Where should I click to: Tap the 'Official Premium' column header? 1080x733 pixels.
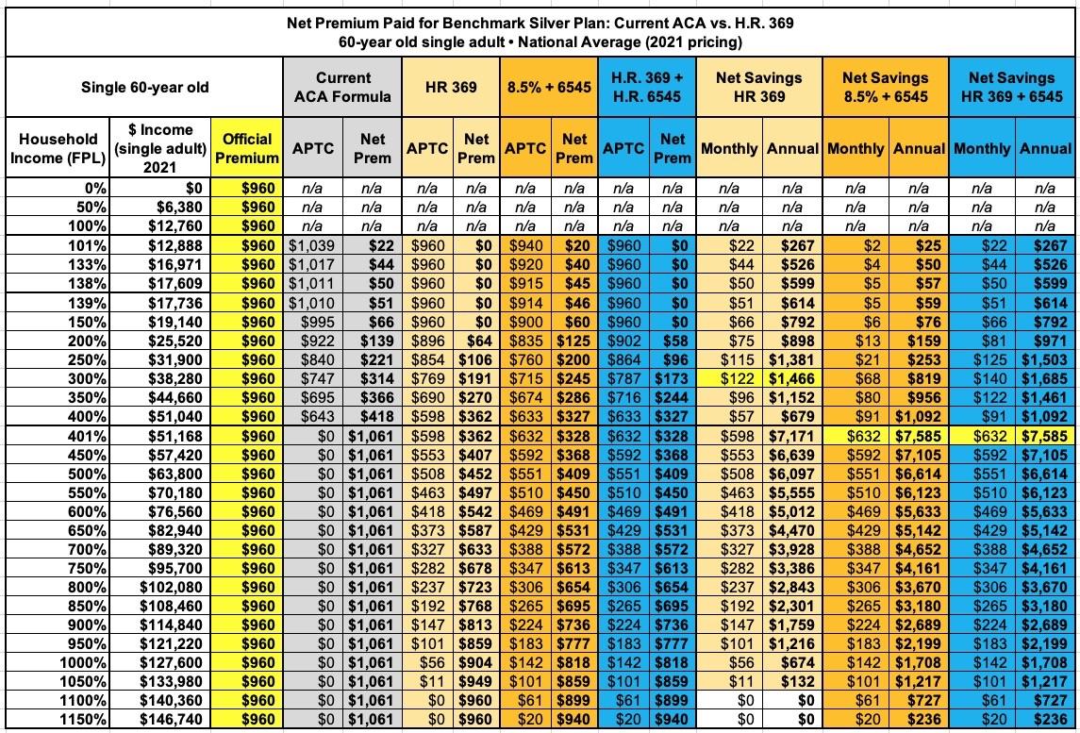[247, 148]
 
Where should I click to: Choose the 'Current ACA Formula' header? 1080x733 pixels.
[343, 88]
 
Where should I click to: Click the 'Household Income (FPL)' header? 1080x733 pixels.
[54, 148]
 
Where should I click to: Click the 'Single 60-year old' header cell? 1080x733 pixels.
[144, 88]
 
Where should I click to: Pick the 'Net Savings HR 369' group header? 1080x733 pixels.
[759, 88]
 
